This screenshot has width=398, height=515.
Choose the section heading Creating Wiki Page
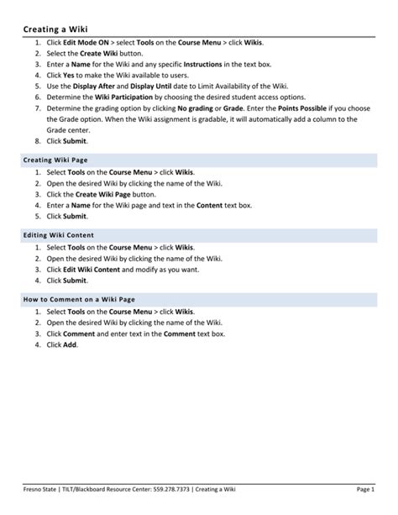[x=55, y=160]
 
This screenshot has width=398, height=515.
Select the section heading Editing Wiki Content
[x=59, y=234]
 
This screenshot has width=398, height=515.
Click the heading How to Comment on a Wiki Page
[x=79, y=299]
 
